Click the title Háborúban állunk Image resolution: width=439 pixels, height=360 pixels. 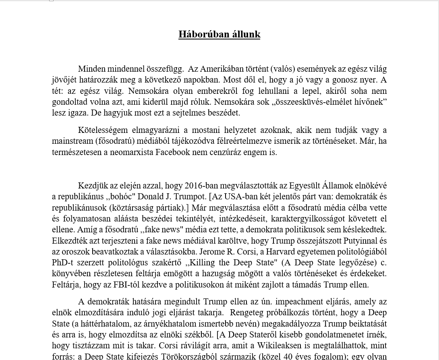(x=219, y=34)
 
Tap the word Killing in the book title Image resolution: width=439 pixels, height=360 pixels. (x=204, y=263)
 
